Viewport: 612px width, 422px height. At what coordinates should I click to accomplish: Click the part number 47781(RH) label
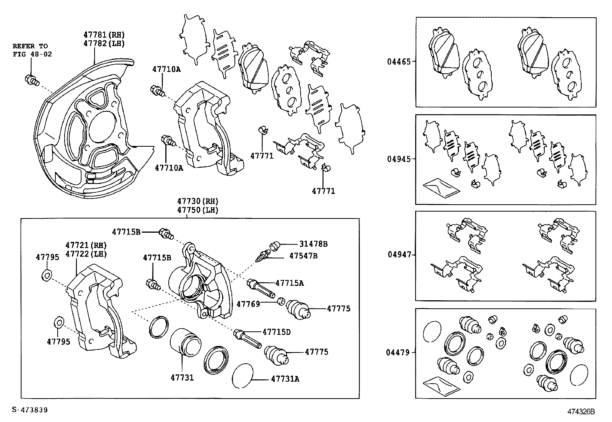[x=104, y=35]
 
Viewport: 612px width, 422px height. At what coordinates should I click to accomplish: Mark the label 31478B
[x=314, y=244]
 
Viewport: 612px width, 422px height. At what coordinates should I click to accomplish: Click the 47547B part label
[x=303, y=255]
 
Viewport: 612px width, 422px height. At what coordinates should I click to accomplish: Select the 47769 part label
[x=248, y=304]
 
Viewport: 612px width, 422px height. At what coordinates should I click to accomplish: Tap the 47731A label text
[x=285, y=379]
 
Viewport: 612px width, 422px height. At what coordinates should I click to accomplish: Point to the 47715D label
[x=276, y=332]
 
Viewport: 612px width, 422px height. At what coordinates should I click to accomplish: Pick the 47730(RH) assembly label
[x=198, y=201]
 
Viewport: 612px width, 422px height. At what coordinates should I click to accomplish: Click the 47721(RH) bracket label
[x=86, y=245]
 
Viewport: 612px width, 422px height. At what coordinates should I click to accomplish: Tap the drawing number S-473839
[x=30, y=410]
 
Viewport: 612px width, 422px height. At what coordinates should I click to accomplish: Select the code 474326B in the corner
[x=581, y=412]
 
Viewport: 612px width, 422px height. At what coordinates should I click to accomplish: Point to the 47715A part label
[x=289, y=283]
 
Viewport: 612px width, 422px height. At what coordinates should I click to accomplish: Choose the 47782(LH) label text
[x=104, y=43]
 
